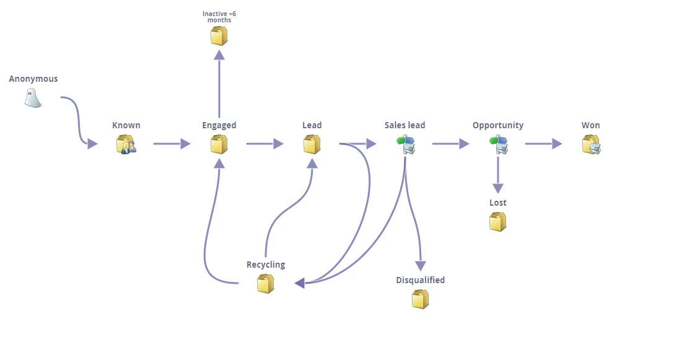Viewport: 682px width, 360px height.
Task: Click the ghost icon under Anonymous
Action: point(33,98)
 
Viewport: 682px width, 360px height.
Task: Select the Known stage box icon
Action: point(126,144)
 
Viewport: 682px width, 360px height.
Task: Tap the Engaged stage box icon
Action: point(219,144)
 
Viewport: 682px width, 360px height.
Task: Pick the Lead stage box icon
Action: point(312,144)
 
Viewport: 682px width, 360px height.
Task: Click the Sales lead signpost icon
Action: point(406,144)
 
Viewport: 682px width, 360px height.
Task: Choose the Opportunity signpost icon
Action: point(499,144)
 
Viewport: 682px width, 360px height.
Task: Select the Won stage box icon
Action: point(591,144)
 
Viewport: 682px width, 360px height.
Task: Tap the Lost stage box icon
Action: point(497,222)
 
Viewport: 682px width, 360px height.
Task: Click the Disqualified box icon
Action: point(420,299)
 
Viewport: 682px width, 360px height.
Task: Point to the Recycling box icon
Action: point(265,284)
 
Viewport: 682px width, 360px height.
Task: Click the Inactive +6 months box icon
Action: point(219,36)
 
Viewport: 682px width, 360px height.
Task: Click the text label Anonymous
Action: point(33,79)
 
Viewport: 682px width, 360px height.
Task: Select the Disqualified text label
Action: point(421,280)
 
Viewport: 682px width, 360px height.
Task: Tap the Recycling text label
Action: point(266,265)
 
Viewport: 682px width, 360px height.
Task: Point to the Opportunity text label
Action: point(498,125)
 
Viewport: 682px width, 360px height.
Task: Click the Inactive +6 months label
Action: point(219,17)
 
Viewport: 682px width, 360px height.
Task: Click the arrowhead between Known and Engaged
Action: point(185,144)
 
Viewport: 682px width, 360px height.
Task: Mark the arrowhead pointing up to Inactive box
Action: point(219,55)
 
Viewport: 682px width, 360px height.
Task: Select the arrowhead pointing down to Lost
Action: point(498,188)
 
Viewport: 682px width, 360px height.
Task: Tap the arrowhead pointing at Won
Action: point(557,144)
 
